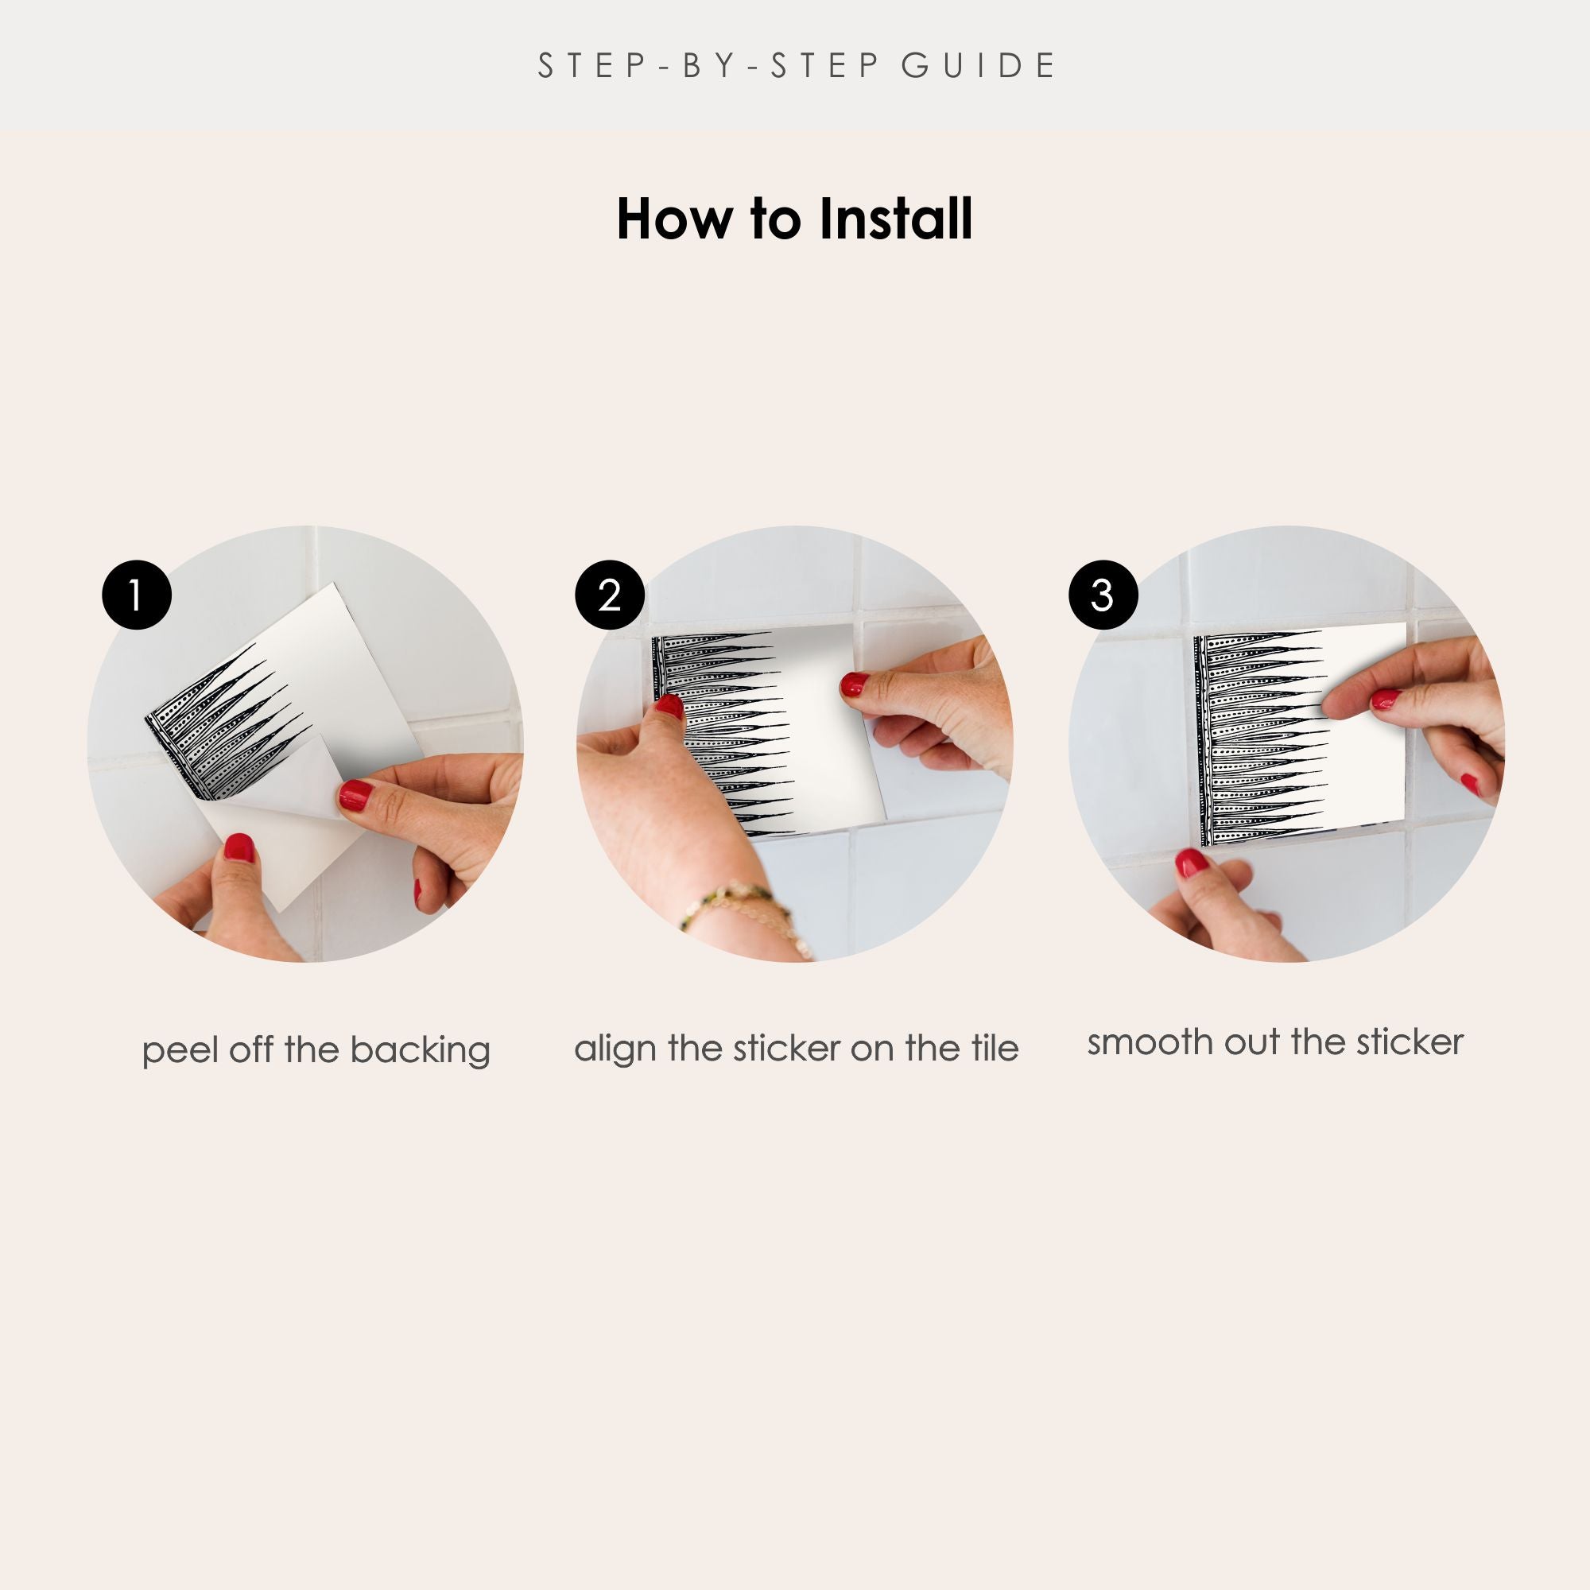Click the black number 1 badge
pyautogui.click(x=137, y=595)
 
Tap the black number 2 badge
pyautogui.click(x=609, y=595)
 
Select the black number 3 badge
pyautogui.click(x=1103, y=595)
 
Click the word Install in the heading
pyautogui.click(x=895, y=219)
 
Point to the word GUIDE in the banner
pyautogui.click(x=978, y=66)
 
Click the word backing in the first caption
pyautogui.click(x=420, y=1051)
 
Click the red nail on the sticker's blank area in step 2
pyautogui.click(x=855, y=684)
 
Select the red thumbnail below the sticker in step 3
pyautogui.click(x=1191, y=863)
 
